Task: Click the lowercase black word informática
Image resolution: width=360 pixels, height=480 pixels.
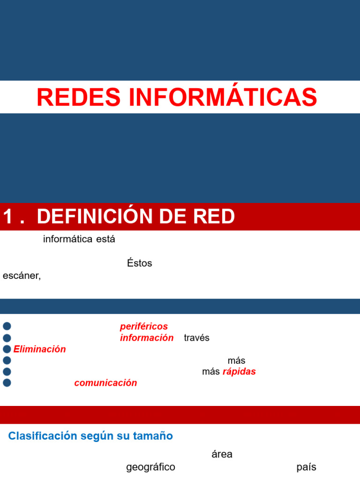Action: click(x=68, y=239)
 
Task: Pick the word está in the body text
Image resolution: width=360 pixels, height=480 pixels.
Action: click(x=105, y=239)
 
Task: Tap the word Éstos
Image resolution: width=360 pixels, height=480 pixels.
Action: click(x=140, y=263)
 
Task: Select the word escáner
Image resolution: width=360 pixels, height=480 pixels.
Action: click(x=22, y=276)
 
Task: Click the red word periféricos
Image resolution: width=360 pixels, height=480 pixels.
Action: click(x=144, y=326)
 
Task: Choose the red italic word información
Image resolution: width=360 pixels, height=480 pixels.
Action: click(x=147, y=338)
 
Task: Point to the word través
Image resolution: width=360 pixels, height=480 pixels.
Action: click(x=197, y=338)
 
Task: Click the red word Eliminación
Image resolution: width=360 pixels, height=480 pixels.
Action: click(x=40, y=349)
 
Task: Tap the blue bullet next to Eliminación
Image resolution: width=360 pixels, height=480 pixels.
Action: click(x=7, y=349)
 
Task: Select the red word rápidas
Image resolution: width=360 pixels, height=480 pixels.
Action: click(x=239, y=372)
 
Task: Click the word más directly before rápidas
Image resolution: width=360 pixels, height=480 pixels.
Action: click(x=211, y=372)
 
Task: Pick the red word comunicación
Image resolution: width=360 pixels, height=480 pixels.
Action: click(x=105, y=383)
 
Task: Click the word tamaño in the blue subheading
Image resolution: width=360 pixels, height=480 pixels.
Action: click(x=154, y=436)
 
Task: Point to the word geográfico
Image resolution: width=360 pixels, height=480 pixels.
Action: click(x=150, y=467)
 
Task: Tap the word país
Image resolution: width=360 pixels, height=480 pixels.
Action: click(x=307, y=467)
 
